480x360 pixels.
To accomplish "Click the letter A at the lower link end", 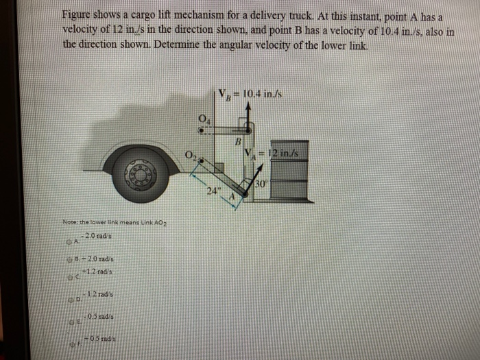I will tap(233, 197).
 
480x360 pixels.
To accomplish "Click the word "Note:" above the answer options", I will tap(71, 224).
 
